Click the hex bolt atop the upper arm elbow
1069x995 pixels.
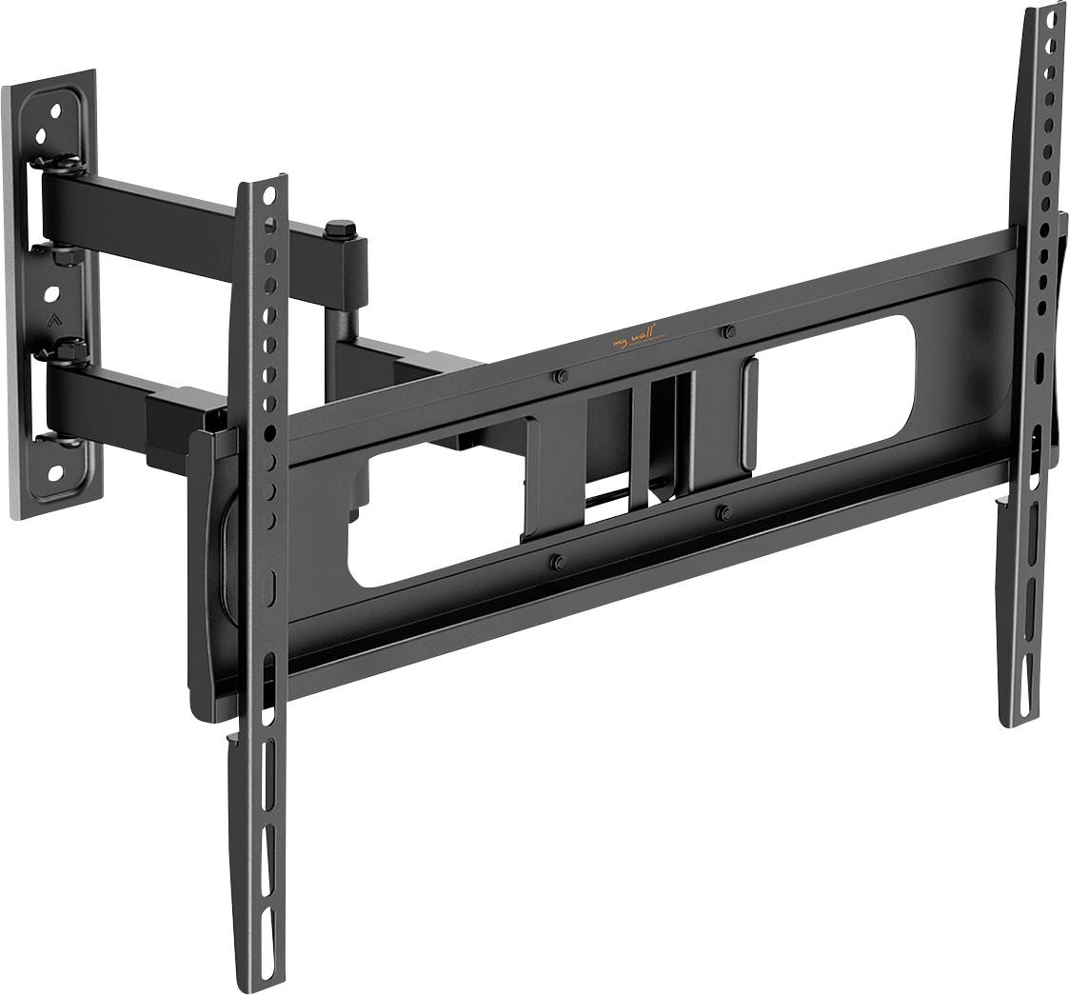point(340,229)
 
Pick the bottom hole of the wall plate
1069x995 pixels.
point(53,470)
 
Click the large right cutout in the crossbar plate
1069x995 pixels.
point(838,390)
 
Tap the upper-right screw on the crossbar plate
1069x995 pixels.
point(728,331)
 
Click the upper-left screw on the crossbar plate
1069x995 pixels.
point(561,376)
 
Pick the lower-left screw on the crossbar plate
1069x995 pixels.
point(558,562)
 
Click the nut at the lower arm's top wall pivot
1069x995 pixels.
point(69,351)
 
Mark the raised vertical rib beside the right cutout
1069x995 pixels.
point(749,413)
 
